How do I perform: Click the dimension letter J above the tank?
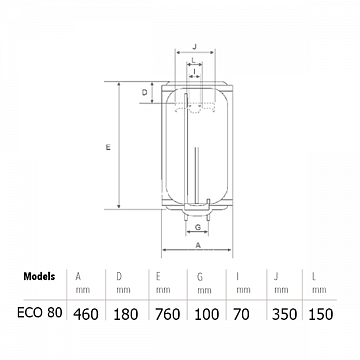tap(195, 47)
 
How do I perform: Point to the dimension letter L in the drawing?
tap(194, 60)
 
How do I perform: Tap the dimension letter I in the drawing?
tap(194, 71)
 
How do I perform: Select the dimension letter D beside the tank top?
tap(145, 92)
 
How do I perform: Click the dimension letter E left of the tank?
tap(108, 147)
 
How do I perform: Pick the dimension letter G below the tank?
tap(198, 227)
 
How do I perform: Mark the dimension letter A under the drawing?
tap(198, 245)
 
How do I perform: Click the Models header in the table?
tap(39, 276)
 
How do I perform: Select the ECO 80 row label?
tap(40, 313)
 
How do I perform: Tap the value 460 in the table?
tap(86, 314)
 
